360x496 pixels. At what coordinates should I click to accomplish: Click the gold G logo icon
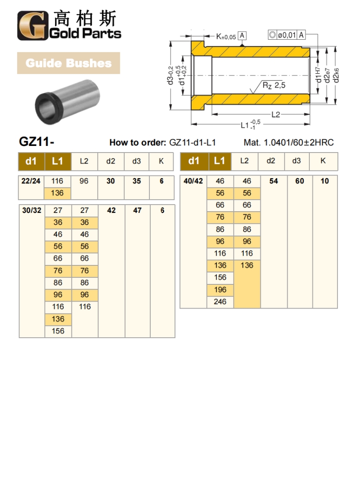31,26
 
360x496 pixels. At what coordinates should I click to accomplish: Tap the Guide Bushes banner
68,63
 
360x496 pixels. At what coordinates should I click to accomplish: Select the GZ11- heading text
37,142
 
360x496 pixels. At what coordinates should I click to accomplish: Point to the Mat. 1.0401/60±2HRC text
289,142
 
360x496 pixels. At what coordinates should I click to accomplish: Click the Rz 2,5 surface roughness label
274,86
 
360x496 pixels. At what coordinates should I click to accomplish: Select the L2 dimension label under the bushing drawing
276,115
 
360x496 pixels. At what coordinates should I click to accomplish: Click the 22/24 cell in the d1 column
31,181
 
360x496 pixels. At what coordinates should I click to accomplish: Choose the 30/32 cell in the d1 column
32,211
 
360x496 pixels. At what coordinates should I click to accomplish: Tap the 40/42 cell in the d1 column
193,181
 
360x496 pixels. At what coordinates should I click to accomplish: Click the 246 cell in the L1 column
220,302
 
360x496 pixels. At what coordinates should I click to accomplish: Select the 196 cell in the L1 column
220,290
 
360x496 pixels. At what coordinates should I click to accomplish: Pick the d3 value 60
300,181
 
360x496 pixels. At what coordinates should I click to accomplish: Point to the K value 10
325,181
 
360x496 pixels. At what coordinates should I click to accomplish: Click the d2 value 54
274,181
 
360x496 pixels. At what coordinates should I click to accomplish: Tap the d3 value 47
137,211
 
